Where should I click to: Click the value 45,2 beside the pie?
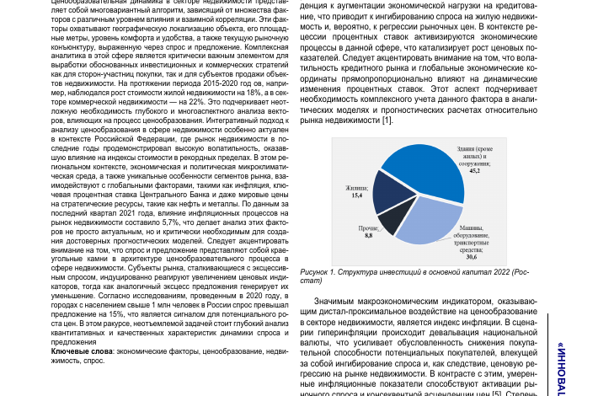point(475,171)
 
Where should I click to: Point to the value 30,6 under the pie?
point(472,257)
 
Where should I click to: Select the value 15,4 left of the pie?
point(356,195)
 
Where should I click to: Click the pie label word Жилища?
point(356,187)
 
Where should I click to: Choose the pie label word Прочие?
point(368,227)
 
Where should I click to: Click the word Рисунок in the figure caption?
point(316,272)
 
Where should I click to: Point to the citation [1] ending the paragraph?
point(387,120)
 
